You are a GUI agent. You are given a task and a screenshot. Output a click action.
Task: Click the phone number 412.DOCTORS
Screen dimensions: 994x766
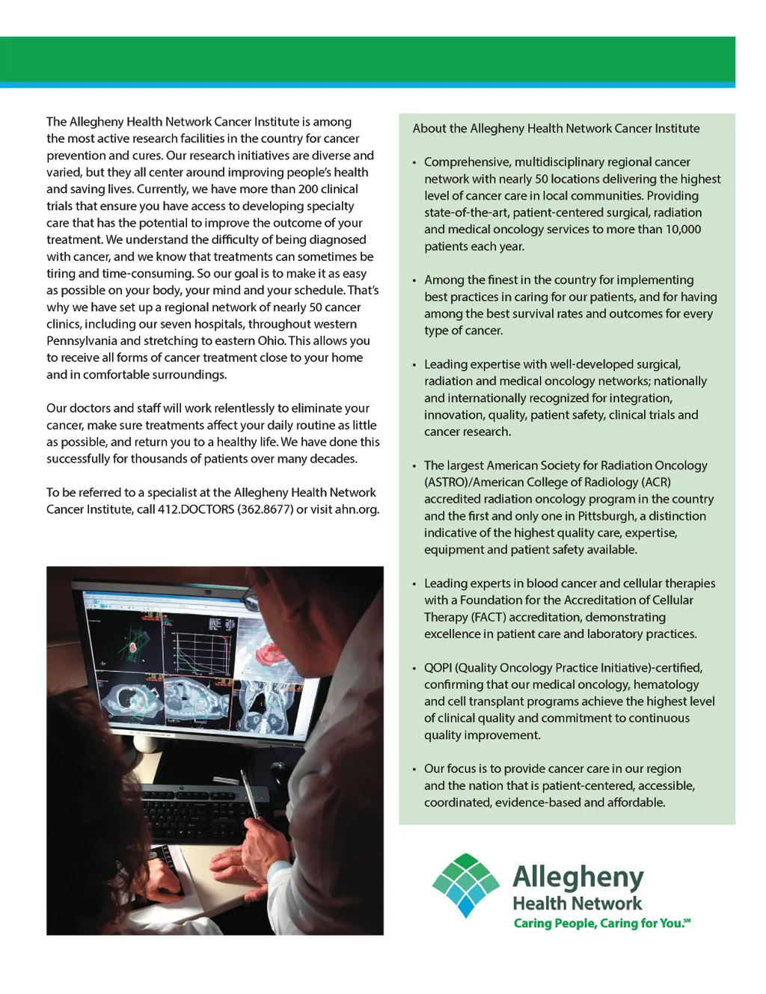(x=196, y=509)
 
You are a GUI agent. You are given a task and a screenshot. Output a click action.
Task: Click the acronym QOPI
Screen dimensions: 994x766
(x=438, y=668)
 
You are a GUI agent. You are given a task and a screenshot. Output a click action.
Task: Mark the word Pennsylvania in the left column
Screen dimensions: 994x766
(x=82, y=341)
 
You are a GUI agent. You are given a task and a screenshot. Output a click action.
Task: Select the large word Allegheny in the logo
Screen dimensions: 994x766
(x=577, y=877)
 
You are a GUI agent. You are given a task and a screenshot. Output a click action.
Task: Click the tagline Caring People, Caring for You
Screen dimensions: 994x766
(x=601, y=924)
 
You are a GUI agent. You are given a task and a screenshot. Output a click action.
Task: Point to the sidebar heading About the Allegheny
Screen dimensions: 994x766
(x=556, y=129)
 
